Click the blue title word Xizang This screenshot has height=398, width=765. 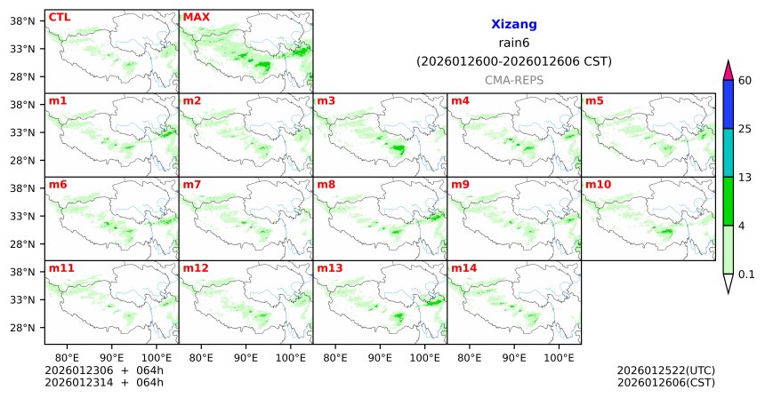(x=513, y=25)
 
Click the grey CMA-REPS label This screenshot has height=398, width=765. (x=513, y=80)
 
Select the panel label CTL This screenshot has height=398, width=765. (x=59, y=17)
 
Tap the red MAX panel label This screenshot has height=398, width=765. (x=196, y=17)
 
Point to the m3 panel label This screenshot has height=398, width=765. (x=326, y=100)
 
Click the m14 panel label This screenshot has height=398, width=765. (x=463, y=267)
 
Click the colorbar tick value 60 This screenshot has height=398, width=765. (x=746, y=81)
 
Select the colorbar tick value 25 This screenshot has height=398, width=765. (x=746, y=129)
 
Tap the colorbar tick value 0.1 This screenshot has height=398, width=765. (x=746, y=275)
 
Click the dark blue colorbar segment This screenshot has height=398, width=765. (x=728, y=105)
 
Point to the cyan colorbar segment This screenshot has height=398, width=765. (x=728, y=153)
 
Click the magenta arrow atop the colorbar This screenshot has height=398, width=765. (x=728, y=70)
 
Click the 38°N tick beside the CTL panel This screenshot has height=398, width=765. (x=20, y=20)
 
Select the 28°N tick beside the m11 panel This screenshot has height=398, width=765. (x=20, y=328)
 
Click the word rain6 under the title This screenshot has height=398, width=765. (x=513, y=44)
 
